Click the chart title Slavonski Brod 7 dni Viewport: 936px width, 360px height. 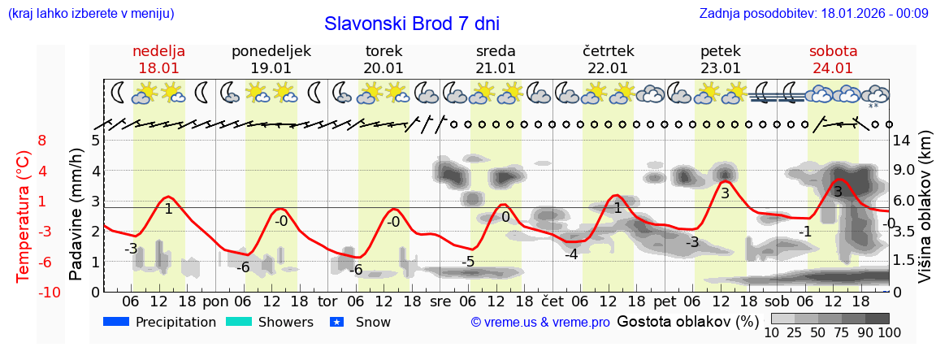pos(412,24)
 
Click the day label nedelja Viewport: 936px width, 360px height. pos(159,51)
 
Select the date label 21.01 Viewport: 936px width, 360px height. pos(496,68)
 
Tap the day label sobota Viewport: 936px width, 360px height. pos(833,51)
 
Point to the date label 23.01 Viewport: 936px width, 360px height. pos(721,68)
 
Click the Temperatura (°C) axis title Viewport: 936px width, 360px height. pos(24,216)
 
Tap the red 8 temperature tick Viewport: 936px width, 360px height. pos(42,141)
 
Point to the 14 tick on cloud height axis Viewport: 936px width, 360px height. pos(903,141)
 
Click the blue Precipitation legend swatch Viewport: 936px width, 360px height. pos(117,322)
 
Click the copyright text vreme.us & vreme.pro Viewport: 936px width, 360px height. pos(540,323)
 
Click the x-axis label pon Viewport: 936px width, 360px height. pos(216,301)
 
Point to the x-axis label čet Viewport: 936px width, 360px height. pos(552,301)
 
